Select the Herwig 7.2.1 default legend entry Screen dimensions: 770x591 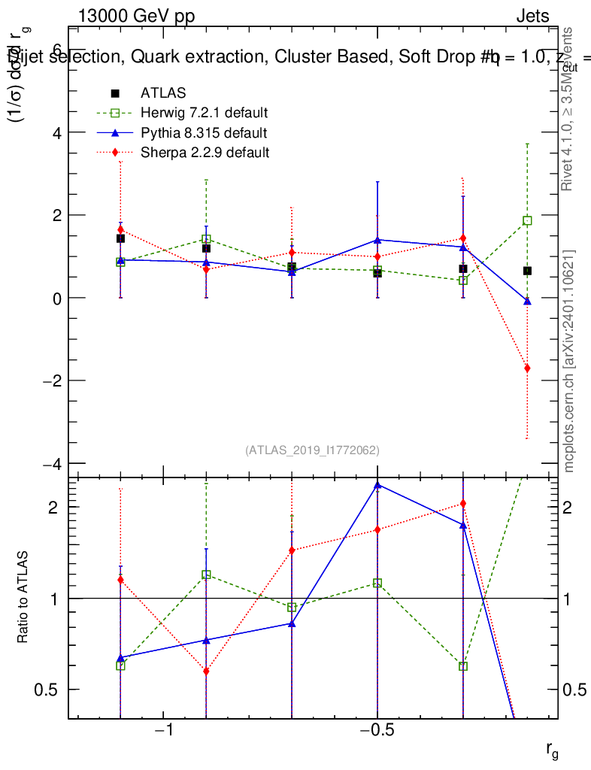(204, 113)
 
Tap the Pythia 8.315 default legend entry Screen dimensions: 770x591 (203, 133)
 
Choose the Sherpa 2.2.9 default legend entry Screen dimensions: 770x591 (205, 153)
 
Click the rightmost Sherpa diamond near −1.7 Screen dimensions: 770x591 (527, 368)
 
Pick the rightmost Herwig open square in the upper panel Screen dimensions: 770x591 (527, 221)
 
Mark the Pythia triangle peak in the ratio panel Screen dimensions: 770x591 (377, 485)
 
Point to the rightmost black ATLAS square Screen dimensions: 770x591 (527, 271)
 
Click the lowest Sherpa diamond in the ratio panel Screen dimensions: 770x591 (206, 671)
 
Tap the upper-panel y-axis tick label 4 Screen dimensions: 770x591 (55, 132)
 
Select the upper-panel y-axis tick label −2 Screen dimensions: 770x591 (50, 380)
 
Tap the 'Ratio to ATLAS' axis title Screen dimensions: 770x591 (23, 598)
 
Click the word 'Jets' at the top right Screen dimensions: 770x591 (532, 17)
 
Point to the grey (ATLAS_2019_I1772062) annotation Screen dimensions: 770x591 (312, 450)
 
